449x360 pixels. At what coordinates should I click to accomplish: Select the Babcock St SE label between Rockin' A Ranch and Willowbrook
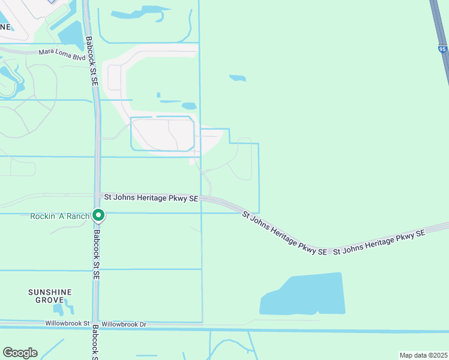[x=95, y=255]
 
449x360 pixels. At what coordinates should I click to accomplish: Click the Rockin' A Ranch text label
[x=59, y=216]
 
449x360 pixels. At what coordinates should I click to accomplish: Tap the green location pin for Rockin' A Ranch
[x=98, y=215]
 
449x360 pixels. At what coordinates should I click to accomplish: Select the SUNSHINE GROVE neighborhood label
[x=50, y=296]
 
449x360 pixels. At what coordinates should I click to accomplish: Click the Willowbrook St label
[x=67, y=324]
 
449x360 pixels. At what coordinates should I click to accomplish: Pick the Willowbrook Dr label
[x=124, y=324]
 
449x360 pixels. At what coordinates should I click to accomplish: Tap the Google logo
[x=20, y=353]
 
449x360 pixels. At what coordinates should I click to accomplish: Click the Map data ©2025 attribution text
[x=423, y=355]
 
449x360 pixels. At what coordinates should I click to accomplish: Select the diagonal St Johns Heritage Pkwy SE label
[x=285, y=233]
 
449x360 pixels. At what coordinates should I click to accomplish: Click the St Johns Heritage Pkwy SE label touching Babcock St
[x=151, y=197]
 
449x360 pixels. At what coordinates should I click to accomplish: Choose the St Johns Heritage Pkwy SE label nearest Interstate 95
[x=379, y=241]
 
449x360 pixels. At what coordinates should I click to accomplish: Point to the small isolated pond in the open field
[x=238, y=78]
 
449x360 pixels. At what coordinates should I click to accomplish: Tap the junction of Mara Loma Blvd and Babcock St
[x=90, y=54]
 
